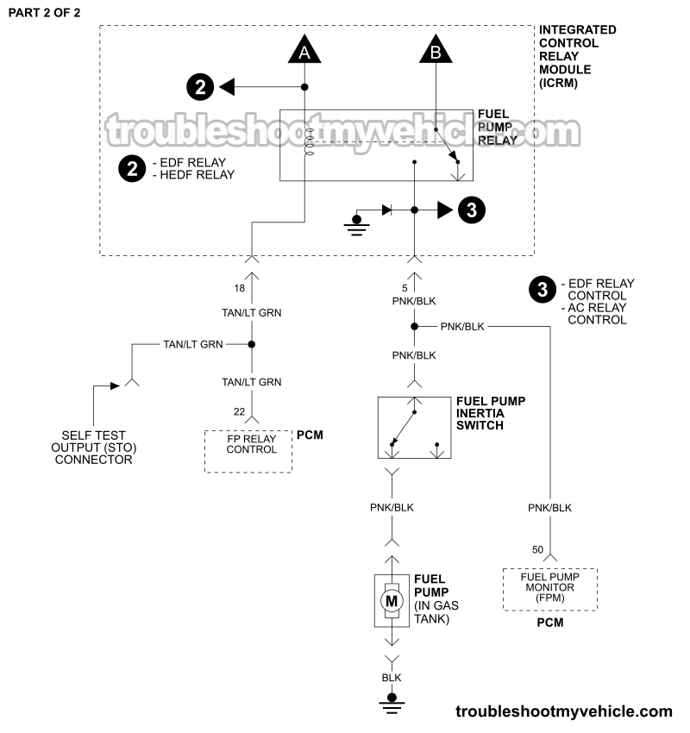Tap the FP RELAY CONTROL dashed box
(248, 451)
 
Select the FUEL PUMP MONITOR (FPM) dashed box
(549, 588)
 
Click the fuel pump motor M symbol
(392, 599)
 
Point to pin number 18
(240, 288)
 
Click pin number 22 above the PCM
(240, 413)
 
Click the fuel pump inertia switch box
(414, 427)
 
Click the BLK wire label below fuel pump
(392, 678)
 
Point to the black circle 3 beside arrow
(472, 210)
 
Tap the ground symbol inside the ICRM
(355, 222)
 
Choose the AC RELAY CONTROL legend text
(597, 313)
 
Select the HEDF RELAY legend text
(194, 174)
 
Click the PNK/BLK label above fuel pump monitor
(550, 508)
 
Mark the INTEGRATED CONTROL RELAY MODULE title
(578, 57)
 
